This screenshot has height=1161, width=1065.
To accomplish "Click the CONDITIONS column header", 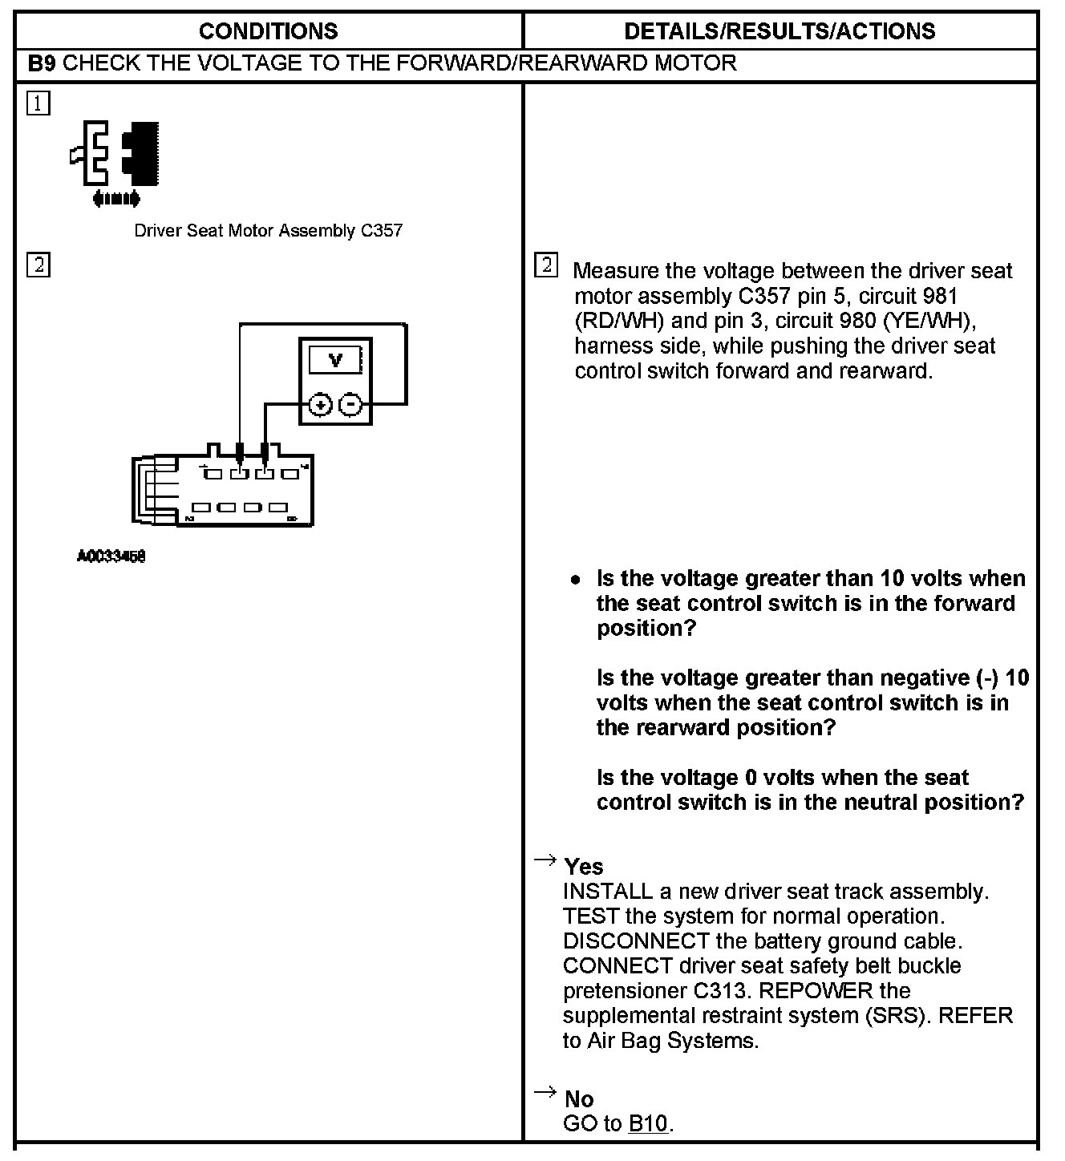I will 268,31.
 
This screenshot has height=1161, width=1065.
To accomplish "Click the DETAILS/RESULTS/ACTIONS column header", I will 780,31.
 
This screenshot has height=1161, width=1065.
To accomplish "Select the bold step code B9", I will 42,63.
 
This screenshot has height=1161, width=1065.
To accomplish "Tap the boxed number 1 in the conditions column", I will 38,104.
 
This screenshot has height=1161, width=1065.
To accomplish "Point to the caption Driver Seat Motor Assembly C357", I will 268,231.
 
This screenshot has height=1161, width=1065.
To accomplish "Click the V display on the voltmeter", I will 335,361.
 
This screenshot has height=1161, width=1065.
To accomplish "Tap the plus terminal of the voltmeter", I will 320,405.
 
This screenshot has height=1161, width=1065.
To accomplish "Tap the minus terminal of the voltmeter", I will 350,405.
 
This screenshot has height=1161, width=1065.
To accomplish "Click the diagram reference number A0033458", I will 111,556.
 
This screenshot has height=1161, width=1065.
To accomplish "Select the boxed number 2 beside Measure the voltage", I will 546,265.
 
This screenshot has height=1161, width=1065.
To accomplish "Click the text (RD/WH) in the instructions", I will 619,322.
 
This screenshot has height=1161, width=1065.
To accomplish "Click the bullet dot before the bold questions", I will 575,580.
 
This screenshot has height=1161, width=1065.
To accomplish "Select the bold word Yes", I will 584,867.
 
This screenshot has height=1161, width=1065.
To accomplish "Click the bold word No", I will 579,1099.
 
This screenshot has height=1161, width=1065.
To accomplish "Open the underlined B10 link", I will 648,1124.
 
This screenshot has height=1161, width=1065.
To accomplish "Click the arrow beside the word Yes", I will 545,861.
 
